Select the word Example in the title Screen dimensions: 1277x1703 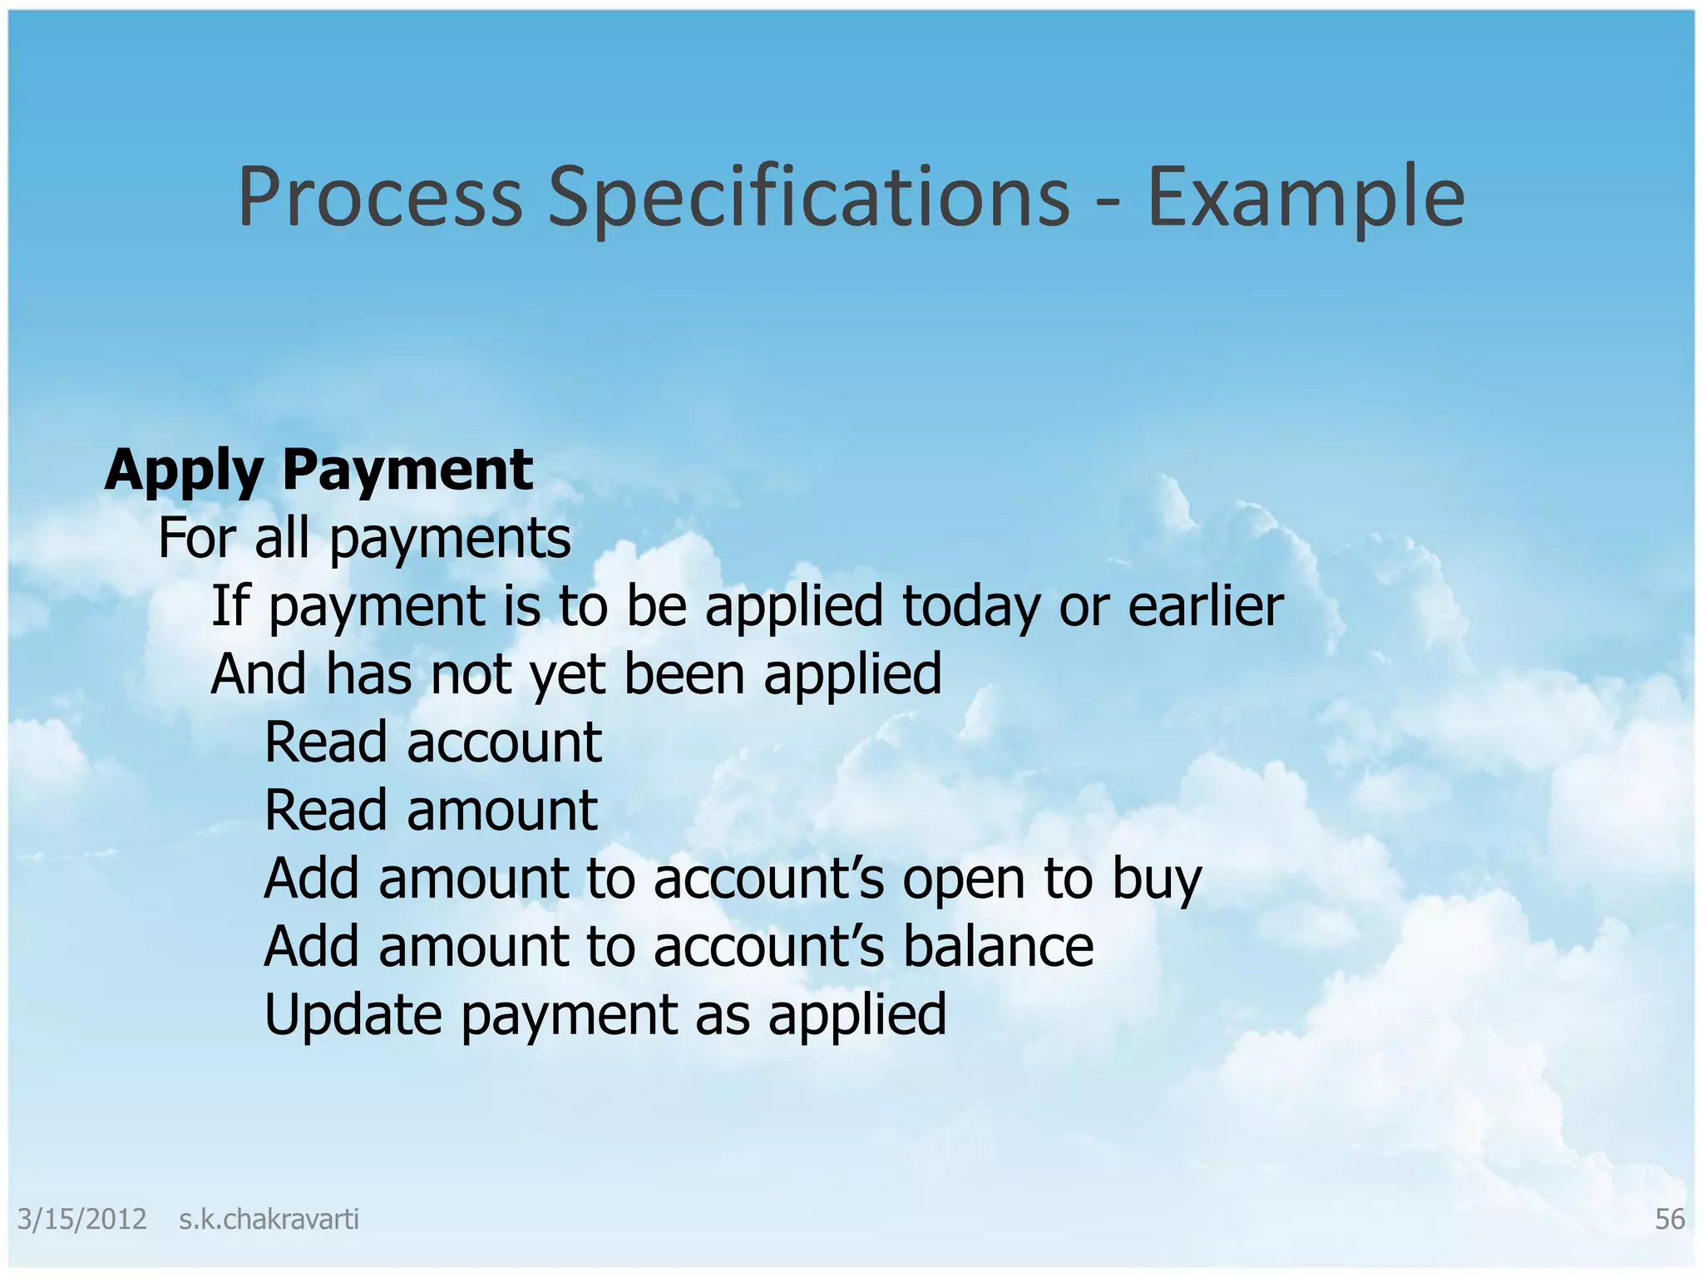(1306, 197)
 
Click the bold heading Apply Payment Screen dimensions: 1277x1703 (318, 471)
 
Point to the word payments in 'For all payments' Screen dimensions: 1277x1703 (451, 539)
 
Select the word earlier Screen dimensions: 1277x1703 (1205, 607)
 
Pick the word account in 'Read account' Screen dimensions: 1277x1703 (504, 742)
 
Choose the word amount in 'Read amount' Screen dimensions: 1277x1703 (501, 811)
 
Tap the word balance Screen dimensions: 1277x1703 (998, 947)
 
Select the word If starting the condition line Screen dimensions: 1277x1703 (230, 607)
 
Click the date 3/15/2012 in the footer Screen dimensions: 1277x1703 (81, 1220)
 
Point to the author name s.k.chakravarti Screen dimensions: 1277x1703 (269, 1220)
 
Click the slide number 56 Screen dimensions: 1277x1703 (1670, 1220)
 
